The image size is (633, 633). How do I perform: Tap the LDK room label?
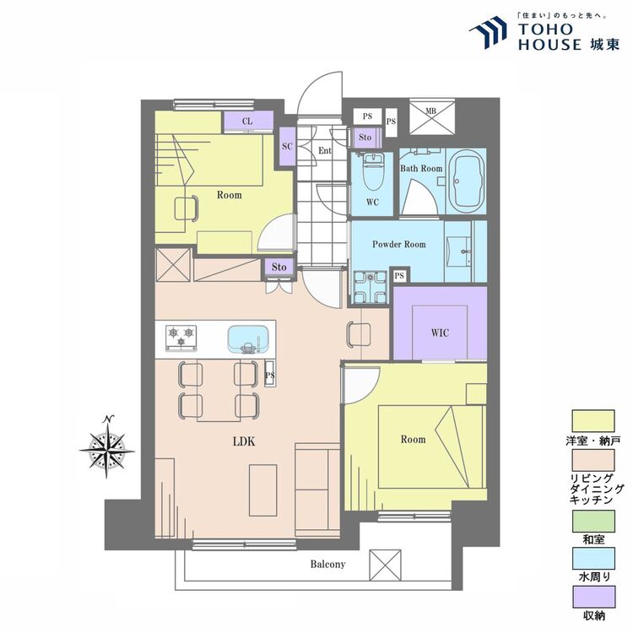[x=244, y=441]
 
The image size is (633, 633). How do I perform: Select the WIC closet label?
[x=440, y=333]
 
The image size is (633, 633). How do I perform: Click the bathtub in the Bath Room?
[x=468, y=181]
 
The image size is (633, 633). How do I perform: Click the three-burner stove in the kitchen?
[x=181, y=338]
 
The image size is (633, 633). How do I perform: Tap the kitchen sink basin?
[x=248, y=338]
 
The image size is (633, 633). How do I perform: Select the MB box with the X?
[x=432, y=116]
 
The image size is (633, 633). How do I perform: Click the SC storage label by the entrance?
[x=287, y=146]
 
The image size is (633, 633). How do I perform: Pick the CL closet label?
[x=247, y=121]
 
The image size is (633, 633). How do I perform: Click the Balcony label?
[x=327, y=564]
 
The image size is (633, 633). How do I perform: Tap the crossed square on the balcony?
[x=385, y=565]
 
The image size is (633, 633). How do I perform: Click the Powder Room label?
[x=399, y=244]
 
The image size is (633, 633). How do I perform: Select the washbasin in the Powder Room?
[x=459, y=252]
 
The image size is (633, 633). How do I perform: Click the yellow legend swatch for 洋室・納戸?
[x=593, y=421]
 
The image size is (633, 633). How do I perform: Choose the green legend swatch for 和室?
[x=593, y=522]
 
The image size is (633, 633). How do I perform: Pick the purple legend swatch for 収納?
[x=594, y=597]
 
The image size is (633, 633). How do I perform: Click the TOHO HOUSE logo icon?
[x=488, y=32]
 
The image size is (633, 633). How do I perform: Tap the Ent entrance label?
[x=325, y=150]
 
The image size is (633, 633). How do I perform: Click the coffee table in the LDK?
[x=262, y=490]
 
